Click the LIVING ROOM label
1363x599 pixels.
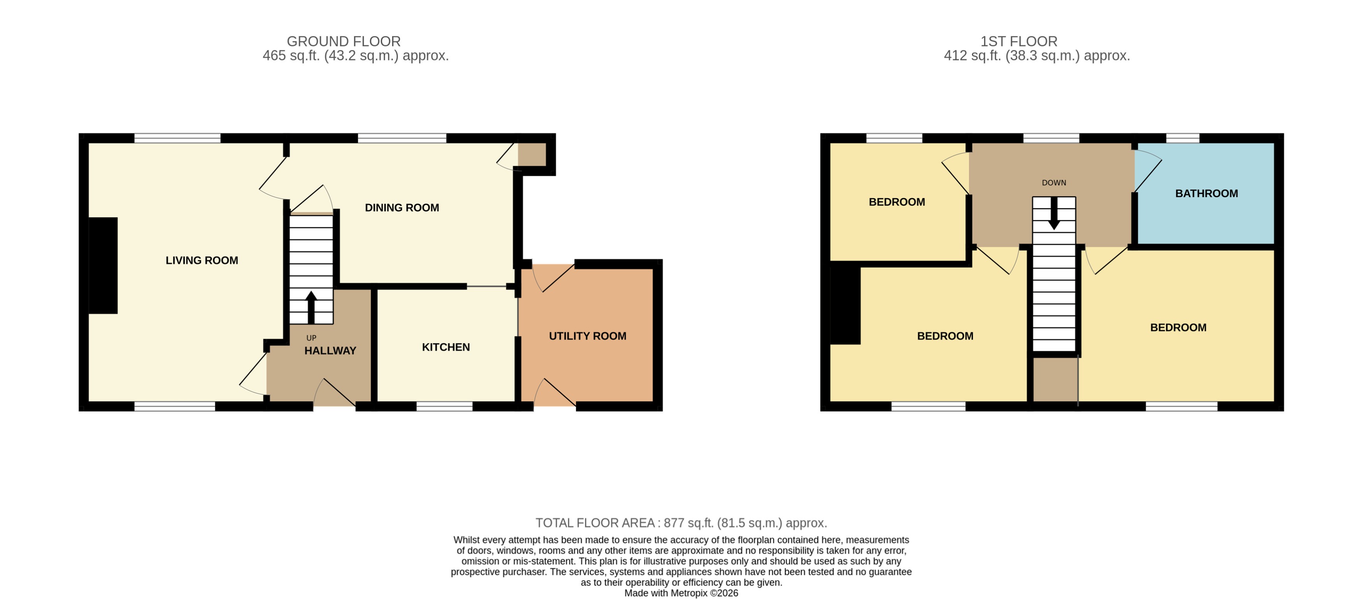pos(202,260)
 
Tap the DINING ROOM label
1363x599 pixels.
pos(402,208)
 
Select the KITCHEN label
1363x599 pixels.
pos(446,347)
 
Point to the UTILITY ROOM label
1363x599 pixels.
pos(587,336)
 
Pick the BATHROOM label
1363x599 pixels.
pos(1206,194)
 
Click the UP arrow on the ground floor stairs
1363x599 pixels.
pos(311,307)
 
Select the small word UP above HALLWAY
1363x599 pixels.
pos(311,338)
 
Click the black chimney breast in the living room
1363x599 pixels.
pos(103,266)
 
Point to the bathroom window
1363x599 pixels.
pos(1183,138)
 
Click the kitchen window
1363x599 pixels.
pos(444,406)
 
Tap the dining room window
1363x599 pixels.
pos(402,138)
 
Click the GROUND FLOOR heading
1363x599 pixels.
pos(343,41)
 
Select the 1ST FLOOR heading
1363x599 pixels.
pos(1018,41)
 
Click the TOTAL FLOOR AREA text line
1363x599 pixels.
pos(681,523)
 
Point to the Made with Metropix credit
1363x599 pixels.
pos(681,593)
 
